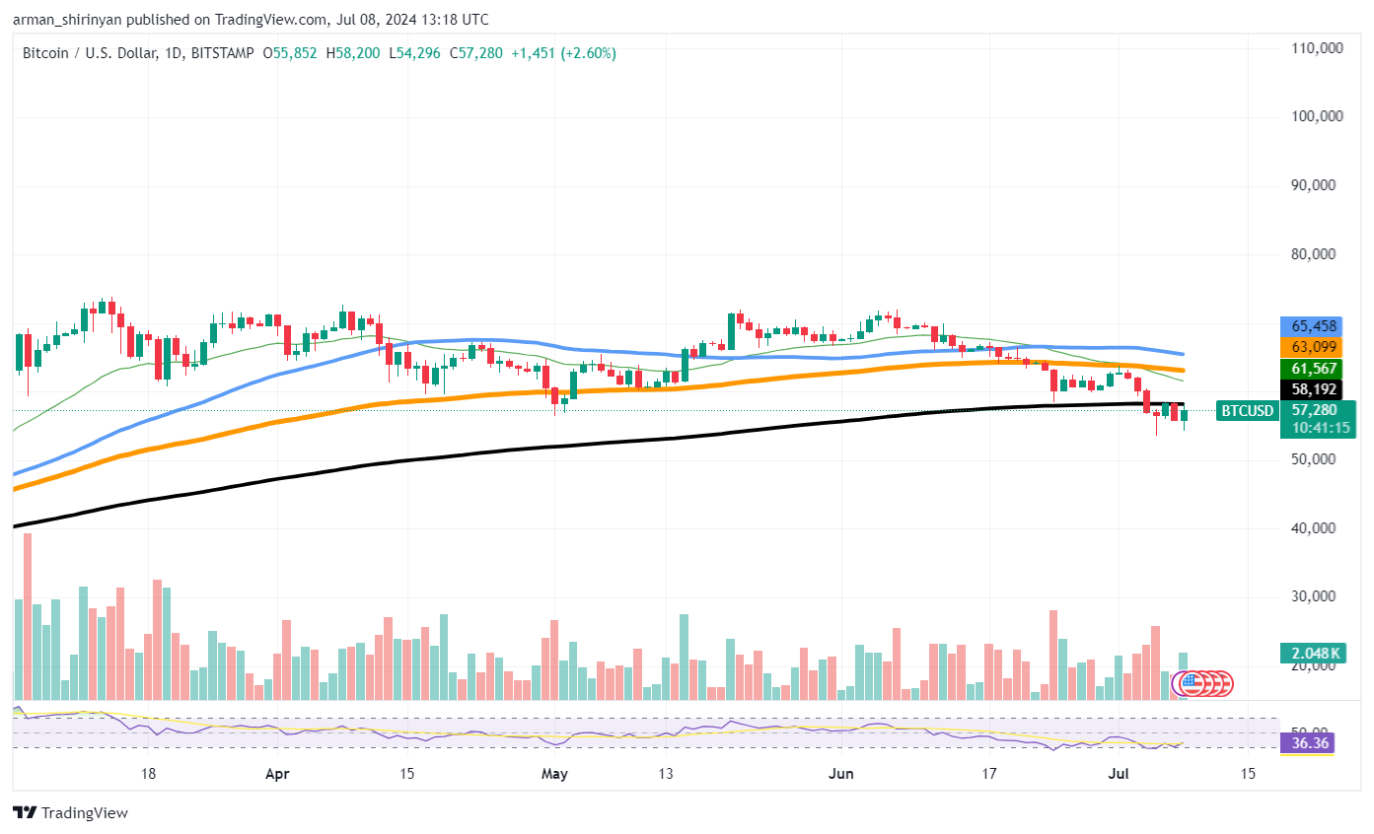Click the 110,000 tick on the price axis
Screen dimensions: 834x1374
click(x=1318, y=47)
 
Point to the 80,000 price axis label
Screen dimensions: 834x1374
click(x=1318, y=253)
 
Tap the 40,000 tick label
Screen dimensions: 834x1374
click(x=1318, y=528)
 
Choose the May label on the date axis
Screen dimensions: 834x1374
click(x=554, y=774)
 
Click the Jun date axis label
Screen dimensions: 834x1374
click(x=840, y=774)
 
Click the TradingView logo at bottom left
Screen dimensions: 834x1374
click(x=70, y=813)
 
